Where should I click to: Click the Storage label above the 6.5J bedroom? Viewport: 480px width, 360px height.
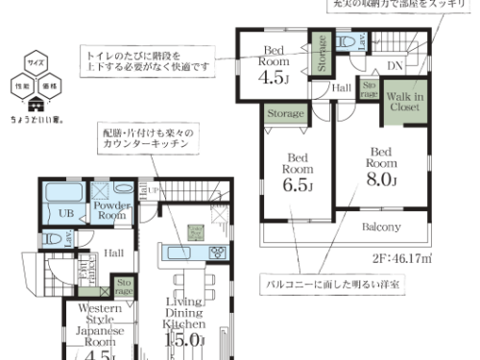[285, 114]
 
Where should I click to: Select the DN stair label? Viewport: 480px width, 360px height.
[394, 65]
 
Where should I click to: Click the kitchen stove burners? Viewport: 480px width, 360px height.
[217, 253]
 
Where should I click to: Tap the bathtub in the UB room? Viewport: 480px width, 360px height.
[67, 190]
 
